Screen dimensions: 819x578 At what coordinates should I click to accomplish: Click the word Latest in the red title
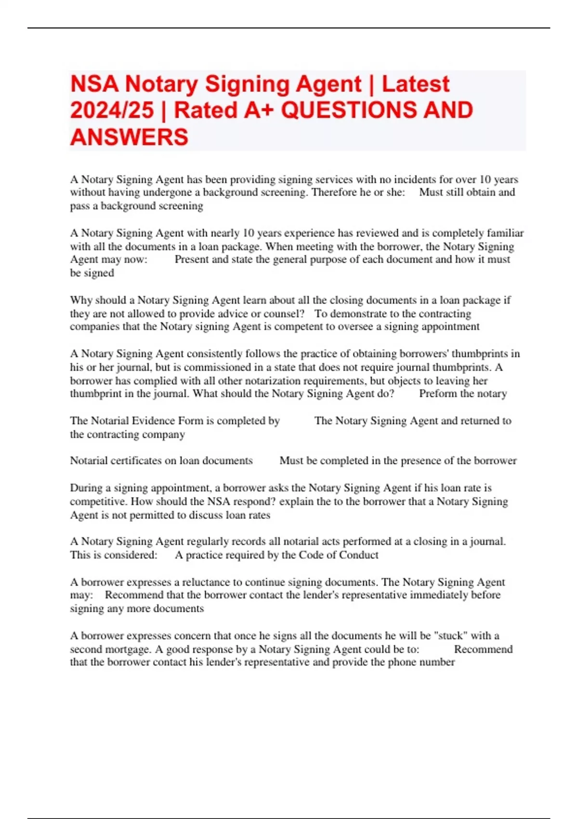415,84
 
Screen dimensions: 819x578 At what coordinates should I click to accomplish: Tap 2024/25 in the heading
111,110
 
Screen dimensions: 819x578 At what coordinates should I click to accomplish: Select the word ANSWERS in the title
129,137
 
